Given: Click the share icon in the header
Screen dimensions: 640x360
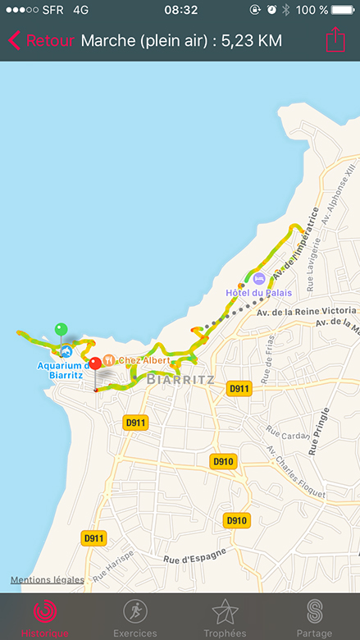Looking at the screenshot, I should (335, 40).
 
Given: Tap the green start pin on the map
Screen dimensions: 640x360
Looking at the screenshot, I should (61, 330).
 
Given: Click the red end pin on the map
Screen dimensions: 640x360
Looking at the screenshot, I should (95, 363).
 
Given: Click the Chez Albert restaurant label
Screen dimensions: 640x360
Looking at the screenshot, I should (144, 360).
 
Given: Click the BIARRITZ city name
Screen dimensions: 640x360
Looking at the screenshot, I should (180, 380).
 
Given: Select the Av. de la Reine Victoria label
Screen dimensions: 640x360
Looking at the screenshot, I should (306, 313).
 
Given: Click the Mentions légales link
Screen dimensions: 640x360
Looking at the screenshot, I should (47, 580).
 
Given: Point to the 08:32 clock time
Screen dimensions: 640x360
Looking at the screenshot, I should (180, 10).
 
